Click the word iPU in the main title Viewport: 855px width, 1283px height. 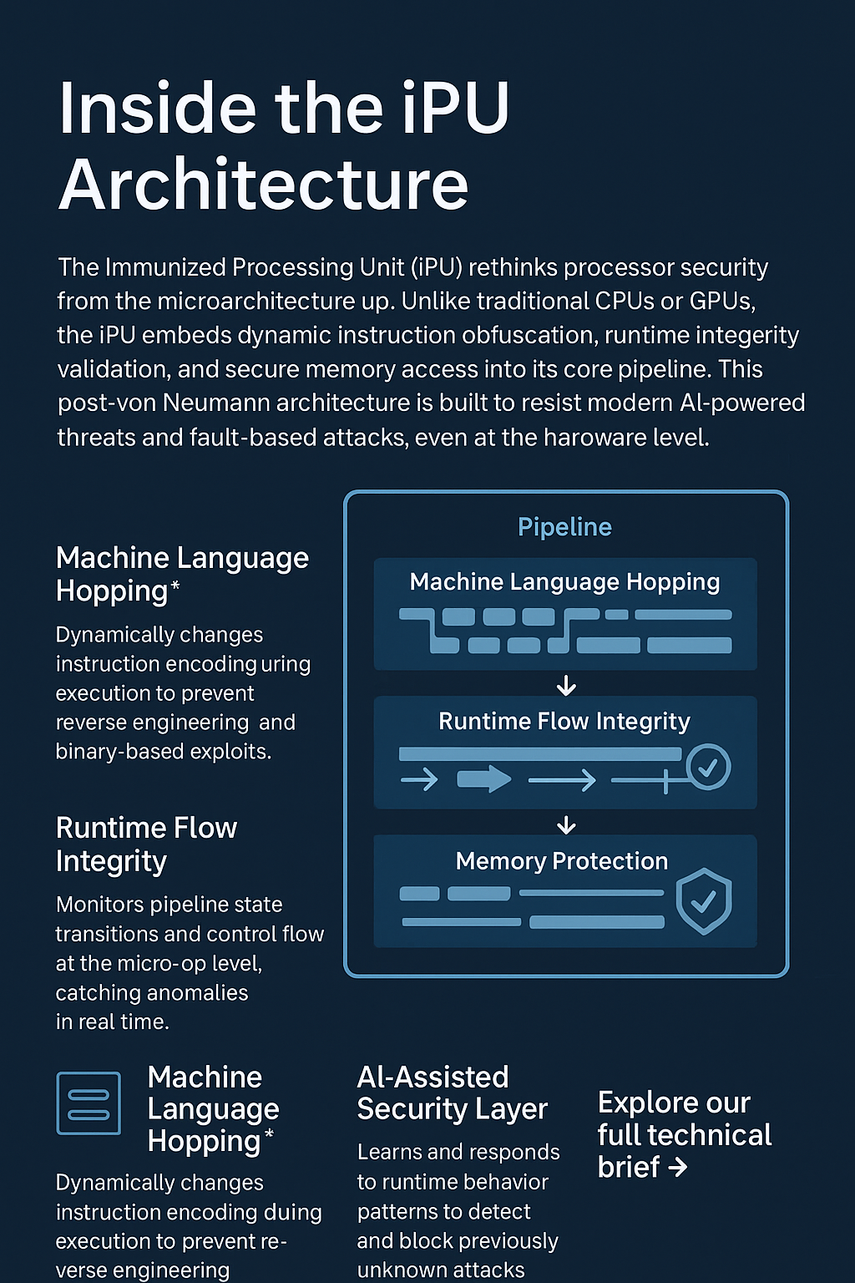454,109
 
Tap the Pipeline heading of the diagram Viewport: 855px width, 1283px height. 564,527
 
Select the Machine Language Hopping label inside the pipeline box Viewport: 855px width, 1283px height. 564,582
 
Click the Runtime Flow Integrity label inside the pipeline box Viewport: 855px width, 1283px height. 564,722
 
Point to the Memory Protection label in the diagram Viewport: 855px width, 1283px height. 562,861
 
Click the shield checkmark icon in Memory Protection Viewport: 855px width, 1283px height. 704,900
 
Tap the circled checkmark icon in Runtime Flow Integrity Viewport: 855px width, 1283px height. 708,766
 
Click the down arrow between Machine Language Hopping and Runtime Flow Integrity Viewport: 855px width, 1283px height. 566,686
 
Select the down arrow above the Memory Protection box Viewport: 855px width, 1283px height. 566,825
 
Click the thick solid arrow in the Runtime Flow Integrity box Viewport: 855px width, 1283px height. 484,779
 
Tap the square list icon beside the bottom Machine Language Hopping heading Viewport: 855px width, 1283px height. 89,1103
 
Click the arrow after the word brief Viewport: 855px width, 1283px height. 678,1167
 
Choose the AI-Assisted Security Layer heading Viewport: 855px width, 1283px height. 452,1093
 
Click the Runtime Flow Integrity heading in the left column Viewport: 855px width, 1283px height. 146,844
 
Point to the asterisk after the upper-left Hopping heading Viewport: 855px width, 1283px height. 175,586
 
